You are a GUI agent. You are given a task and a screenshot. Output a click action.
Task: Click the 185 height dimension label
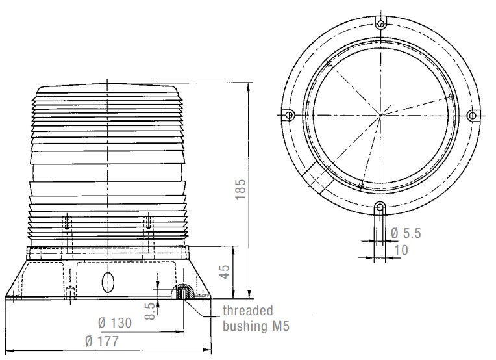coord(241,189)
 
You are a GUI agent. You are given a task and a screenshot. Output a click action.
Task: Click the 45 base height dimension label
coord(224,272)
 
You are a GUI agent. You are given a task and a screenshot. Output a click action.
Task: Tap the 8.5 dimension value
coord(151,311)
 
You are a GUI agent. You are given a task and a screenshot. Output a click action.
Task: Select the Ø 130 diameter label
coord(115,323)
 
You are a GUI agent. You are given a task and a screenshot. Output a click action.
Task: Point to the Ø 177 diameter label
coord(102,341)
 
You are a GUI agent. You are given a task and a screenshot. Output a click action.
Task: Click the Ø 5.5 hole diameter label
coord(406,233)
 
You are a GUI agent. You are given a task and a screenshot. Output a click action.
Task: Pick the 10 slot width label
coord(401,250)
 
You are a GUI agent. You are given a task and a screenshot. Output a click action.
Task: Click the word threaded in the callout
coord(248,311)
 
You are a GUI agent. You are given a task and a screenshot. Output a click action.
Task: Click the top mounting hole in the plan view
coord(381,23)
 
